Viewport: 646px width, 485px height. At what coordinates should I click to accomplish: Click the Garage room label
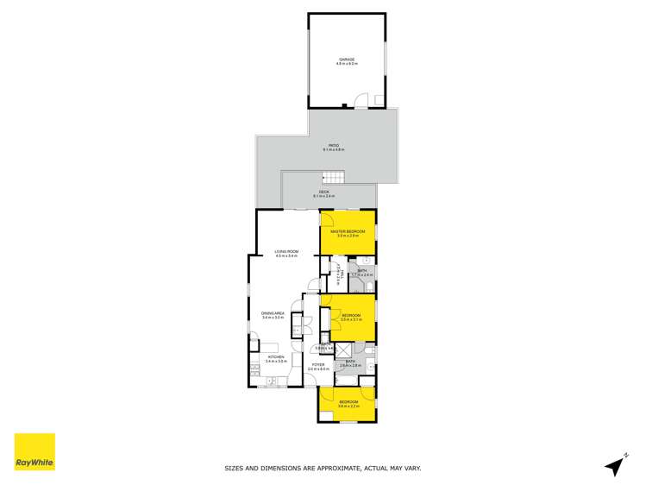pyautogui.click(x=347, y=60)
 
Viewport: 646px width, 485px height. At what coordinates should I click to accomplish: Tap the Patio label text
pyautogui.click(x=333, y=147)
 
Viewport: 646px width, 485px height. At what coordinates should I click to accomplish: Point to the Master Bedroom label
pyautogui.click(x=348, y=232)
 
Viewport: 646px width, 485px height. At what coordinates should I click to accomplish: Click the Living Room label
pyautogui.click(x=285, y=253)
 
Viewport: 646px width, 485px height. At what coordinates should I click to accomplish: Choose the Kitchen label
pyautogui.click(x=275, y=358)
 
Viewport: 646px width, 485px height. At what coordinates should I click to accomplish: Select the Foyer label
pyautogui.click(x=318, y=366)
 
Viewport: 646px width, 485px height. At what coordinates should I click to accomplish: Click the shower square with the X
pyautogui.click(x=342, y=350)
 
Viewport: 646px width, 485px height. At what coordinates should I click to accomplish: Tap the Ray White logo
pyautogui.click(x=34, y=452)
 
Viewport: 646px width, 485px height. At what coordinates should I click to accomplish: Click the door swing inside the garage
pyautogui.click(x=362, y=100)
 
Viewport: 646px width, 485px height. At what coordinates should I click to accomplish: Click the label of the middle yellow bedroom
pyautogui.click(x=350, y=317)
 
